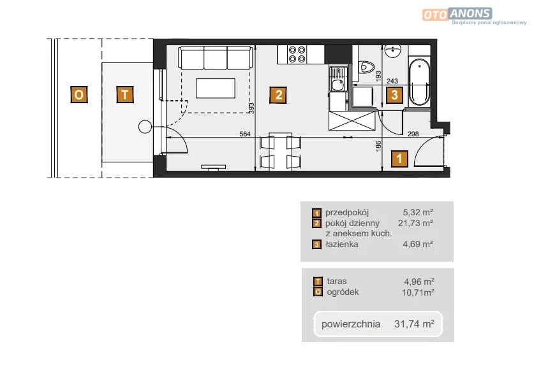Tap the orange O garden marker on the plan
(78, 94)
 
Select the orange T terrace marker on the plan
(125, 94)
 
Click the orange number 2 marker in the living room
(278, 95)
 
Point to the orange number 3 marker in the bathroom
(394, 95)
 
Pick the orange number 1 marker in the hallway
(399, 159)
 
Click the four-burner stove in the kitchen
(297, 54)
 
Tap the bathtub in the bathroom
(419, 82)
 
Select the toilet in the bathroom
(366, 67)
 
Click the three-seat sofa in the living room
(216, 58)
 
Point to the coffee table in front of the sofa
(216, 89)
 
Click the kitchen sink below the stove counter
(337, 79)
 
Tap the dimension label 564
(245, 134)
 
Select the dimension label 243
(392, 81)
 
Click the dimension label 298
(413, 134)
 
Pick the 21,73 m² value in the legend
(415, 223)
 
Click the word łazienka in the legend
(342, 244)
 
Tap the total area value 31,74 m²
(414, 324)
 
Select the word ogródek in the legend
(343, 292)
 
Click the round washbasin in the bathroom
(393, 51)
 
